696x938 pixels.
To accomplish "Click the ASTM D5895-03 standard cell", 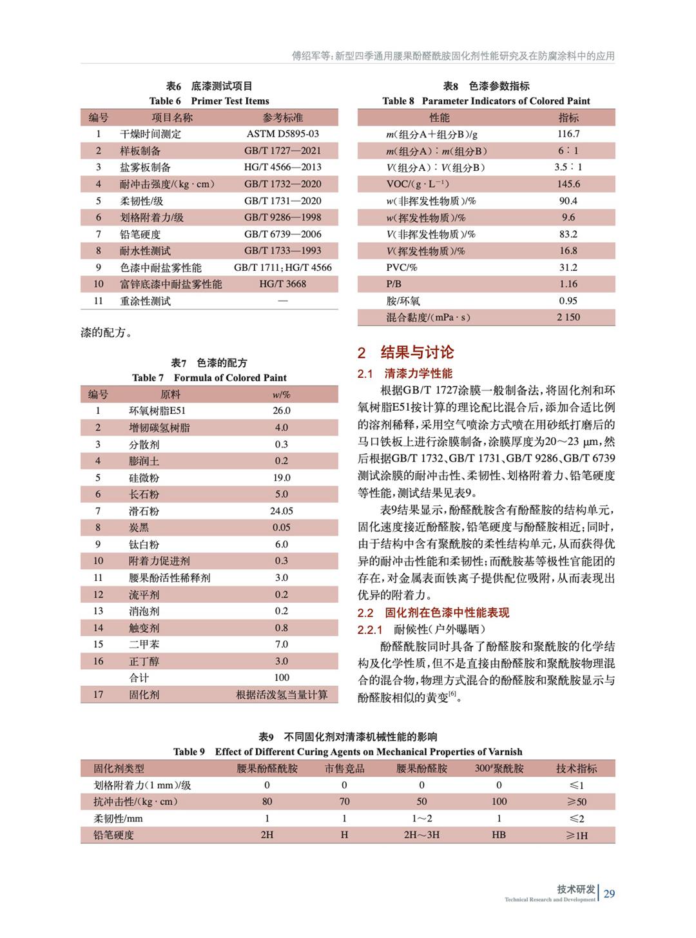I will (282, 134).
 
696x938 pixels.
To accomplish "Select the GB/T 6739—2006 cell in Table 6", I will (282, 234).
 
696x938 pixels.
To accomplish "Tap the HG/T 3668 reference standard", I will (282, 284).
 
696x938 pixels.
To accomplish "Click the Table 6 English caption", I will (209, 101).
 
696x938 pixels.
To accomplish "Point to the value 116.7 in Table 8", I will (568, 134).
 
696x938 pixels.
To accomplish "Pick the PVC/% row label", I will (401, 268).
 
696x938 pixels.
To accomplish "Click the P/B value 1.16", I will (568, 284).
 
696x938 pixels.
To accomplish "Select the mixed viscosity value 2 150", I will (568, 317).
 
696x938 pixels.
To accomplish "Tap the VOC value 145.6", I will (568, 184).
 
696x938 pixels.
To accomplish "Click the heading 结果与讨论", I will (416, 352).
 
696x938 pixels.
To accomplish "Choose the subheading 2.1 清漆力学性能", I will (405, 373).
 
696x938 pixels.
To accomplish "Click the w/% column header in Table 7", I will (282, 395).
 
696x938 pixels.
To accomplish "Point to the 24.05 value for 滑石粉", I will (282, 511).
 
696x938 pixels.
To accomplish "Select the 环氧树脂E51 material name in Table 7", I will (157, 411).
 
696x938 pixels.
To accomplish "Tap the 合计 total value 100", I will (282, 678).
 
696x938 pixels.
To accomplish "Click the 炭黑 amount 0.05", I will (282, 527).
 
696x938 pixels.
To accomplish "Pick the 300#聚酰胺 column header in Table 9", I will (499, 768).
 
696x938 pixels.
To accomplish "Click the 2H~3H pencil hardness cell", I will (421, 835).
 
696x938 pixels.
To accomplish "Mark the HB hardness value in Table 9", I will (499, 835).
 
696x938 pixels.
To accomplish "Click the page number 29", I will (609, 894).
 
